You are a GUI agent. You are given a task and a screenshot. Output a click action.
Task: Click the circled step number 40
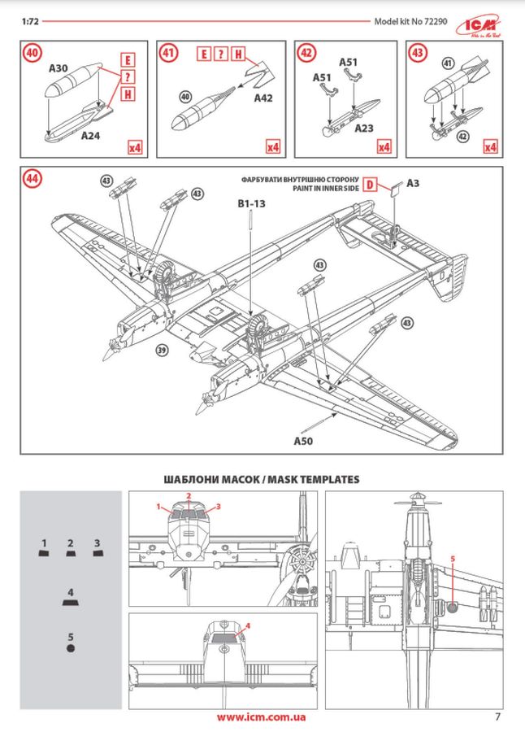pos(33,54)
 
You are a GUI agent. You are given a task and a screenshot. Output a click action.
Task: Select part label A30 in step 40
pos(58,70)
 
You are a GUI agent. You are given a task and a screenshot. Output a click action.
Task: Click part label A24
pos(90,137)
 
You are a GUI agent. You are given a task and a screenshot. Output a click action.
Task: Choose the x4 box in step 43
pos(490,147)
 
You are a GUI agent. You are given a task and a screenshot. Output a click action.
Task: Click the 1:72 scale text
pos(31,22)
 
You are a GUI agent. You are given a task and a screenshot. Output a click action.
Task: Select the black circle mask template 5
pos(71,648)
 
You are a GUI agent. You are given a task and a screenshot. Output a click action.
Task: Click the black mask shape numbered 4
pos(71,604)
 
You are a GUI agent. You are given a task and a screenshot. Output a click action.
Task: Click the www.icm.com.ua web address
pos(262,717)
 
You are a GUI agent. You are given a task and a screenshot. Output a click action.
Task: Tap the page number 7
pos(497,717)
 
